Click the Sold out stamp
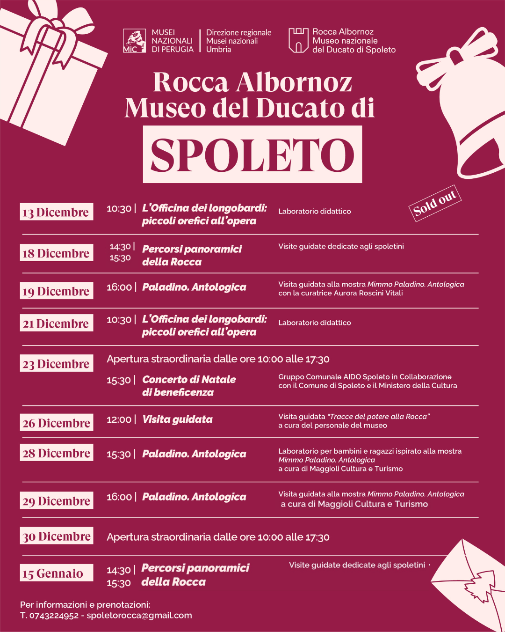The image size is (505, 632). [x=435, y=203]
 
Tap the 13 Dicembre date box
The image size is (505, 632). [x=57, y=212]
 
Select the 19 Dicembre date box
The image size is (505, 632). [x=57, y=291]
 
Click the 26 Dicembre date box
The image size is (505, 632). [x=57, y=423]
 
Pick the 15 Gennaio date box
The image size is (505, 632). [x=57, y=573]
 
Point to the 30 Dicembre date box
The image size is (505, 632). [x=57, y=536]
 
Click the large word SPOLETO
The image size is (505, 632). [x=252, y=154]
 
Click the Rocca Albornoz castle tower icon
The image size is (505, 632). [x=298, y=40]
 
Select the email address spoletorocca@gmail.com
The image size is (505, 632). [x=139, y=615]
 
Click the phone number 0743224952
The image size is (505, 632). [x=54, y=615]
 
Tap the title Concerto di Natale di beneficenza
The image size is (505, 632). [x=189, y=386]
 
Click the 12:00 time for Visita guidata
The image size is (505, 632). [x=119, y=419]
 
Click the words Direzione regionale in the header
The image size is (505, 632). [x=238, y=32]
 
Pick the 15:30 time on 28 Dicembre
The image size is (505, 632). [x=119, y=454]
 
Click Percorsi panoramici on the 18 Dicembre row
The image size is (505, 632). [x=192, y=249]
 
